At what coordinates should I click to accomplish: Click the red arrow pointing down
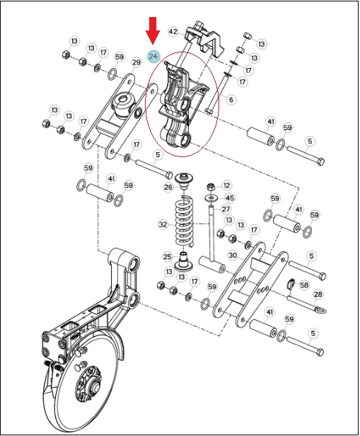pyautogui.click(x=153, y=30)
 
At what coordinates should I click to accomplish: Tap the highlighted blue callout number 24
pyautogui.click(x=153, y=57)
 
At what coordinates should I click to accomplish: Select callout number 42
pyautogui.click(x=173, y=32)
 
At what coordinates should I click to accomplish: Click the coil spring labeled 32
pyautogui.click(x=183, y=221)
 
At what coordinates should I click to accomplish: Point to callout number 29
pyautogui.click(x=136, y=62)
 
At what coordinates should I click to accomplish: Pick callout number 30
pyautogui.click(x=233, y=255)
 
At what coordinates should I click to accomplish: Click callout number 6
pyautogui.click(x=231, y=99)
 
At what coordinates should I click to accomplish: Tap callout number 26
pyautogui.click(x=168, y=187)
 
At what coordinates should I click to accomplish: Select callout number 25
pyautogui.click(x=168, y=256)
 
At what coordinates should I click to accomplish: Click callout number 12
pyautogui.click(x=226, y=185)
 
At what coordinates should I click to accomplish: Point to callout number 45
pyautogui.click(x=230, y=198)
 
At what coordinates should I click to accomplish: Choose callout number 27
pyautogui.click(x=226, y=209)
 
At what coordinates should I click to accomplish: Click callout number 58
pyautogui.click(x=304, y=285)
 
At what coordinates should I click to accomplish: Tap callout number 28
pyautogui.click(x=318, y=294)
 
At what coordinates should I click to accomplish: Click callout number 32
pyautogui.click(x=163, y=224)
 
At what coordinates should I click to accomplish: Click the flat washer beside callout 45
pyautogui.click(x=211, y=197)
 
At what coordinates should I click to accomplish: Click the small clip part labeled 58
pyautogui.click(x=291, y=284)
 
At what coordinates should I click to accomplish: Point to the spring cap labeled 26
pyautogui.click(x=184, y=180)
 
